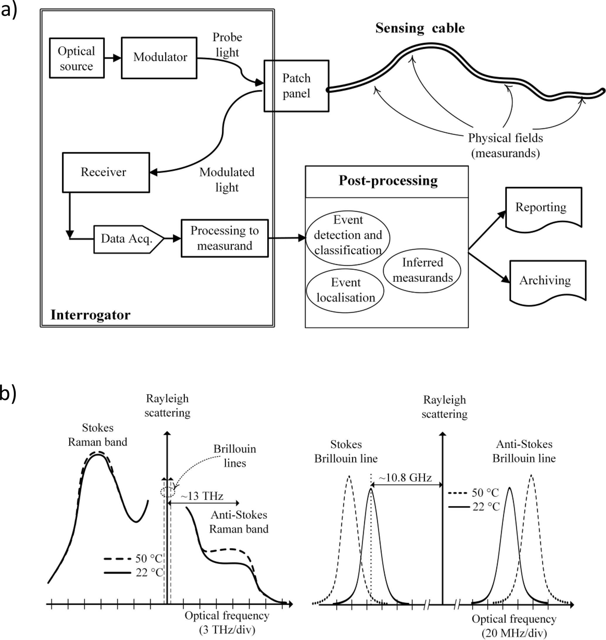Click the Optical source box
tap(77, 58)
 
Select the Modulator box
tap(159, 58)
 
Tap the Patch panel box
tap(296, 86)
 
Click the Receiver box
tap(106, 172)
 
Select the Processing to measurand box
tap(225, 238)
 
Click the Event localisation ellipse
tap(345, 290)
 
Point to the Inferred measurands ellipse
tap(422, 270)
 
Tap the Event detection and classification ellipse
tap(348, 235)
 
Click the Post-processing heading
tap(388, 181)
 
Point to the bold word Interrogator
tap(91, 315)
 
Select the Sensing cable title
tap(420, 28)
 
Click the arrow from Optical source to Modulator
tap(112, 58)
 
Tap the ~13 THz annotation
tap(202, 496)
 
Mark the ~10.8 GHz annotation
tap(405, 478)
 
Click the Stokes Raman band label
tap(98, 435)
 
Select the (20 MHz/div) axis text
tap(514, 633)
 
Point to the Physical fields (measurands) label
tap(505, 146)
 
